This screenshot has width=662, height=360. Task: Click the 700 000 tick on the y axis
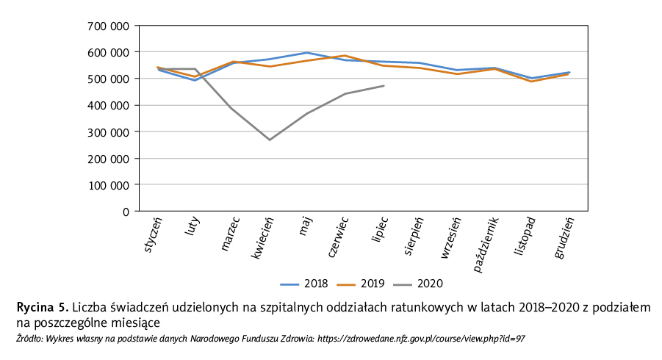(x=109, y=26)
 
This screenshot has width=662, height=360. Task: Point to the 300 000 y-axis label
(x=109, y=132)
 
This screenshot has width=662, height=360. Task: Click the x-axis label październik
(x=486, y=244)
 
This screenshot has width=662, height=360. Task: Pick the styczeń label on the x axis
(x=154, y=235)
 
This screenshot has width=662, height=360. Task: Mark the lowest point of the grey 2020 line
(x=270, y=140)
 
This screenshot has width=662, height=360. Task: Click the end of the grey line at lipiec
(x=384, y=86)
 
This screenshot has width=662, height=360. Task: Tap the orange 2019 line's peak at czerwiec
(x=345, y=56)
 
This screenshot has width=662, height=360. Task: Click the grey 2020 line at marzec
(x=232, y=109)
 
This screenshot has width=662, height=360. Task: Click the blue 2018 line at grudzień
(x=569, y=72)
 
